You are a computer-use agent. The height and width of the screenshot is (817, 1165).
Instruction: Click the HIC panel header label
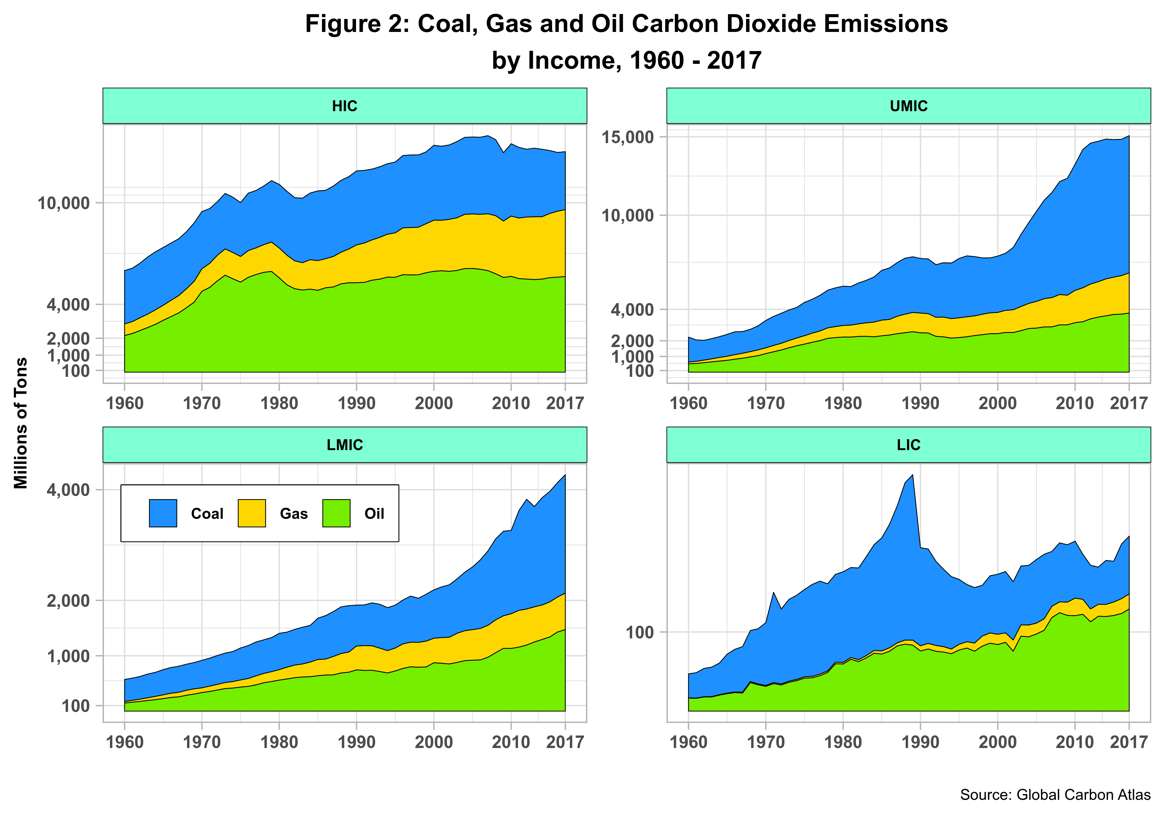[345, 106]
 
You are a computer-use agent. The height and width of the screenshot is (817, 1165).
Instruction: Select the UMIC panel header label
[908, 106]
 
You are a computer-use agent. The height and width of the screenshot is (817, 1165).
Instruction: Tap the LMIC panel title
[345, 445]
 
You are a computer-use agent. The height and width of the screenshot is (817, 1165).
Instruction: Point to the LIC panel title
[908, 445]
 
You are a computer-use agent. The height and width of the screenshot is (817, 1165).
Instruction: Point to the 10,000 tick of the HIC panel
[64, 203]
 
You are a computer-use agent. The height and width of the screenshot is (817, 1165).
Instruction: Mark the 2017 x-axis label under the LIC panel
[1129, 742]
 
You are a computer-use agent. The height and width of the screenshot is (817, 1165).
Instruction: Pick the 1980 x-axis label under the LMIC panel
[279, 742]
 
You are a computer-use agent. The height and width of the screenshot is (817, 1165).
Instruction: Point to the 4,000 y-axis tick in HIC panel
[68, 305]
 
